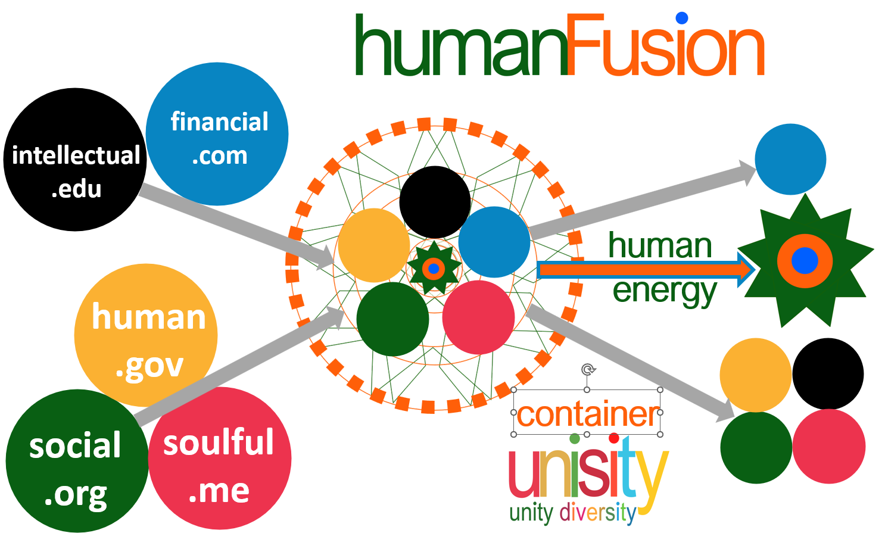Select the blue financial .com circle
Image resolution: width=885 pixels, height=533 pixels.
pos(217,134)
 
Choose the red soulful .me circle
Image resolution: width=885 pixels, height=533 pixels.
pos(220,459)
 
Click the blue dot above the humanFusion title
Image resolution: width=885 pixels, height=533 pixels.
pos(682,18)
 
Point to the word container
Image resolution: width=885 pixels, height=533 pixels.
pos(587,414)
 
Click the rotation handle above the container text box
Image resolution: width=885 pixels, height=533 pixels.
pos(588,370)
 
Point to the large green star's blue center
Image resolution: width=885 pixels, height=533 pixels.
pos(805,261)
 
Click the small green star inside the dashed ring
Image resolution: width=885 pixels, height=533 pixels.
pos(434,269)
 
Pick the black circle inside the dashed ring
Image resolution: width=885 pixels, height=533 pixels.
pos(435,202)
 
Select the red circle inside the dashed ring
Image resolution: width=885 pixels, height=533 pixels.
pos(478,317)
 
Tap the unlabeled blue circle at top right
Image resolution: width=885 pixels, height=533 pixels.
pos(790,159)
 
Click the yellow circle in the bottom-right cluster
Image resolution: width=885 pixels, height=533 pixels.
pos(756,375)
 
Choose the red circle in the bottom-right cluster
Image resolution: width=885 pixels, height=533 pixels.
pos(828,446)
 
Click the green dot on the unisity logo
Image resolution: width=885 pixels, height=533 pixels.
pos(575,439)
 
